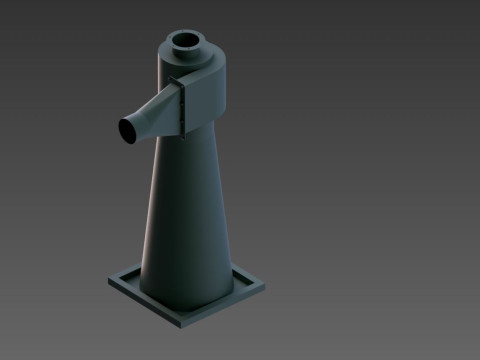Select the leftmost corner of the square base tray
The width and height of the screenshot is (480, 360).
click(x=110, y=282)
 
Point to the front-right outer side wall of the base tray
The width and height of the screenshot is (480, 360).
click(x=226, y=308)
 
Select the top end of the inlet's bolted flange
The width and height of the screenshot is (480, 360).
click(x=180, y=82)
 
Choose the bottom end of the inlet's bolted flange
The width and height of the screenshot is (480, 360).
click(x=182, y=133)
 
